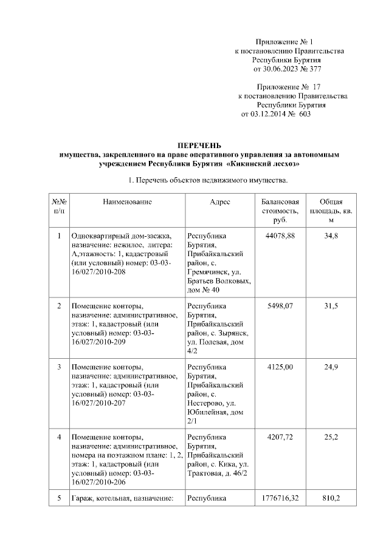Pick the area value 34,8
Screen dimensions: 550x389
click(x=331, y=235)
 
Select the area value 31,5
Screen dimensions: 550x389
click(x=331, y=307)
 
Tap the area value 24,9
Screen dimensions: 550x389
click(x=331, y=367)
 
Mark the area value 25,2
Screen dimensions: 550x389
click(x=331, y=436)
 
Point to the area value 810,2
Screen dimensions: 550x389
click(x=331, y=498)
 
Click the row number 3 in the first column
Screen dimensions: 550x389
click(x=59, y=367)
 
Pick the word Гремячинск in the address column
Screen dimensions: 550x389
click(x=208, y=273)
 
